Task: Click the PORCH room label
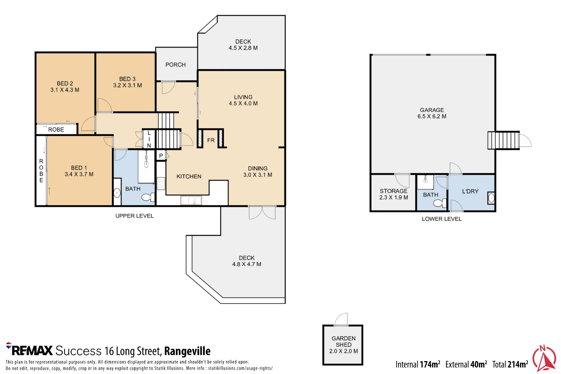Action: pos(176,65)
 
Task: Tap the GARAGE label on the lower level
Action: pos(432,110)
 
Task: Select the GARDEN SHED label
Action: pos(344,341)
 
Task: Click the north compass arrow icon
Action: pos(544,358)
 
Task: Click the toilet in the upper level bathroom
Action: pos(148,197)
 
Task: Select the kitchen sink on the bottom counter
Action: pos(191,200)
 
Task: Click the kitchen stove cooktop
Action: pos(161,183)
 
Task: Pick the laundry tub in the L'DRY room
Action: pos(491,198)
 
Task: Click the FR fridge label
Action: pos(211,140)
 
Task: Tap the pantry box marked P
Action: pos(161,155)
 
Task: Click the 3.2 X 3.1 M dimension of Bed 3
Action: pos(128,85)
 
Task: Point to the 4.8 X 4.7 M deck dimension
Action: pos(247,264)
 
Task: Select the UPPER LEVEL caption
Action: pos(135,216)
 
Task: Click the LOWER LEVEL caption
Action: pos(442,219)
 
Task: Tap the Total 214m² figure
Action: pos(510,364)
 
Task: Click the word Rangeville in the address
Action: pos(187,351)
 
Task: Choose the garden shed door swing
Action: pos(341,320)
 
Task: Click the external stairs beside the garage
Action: pos(503,140)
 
